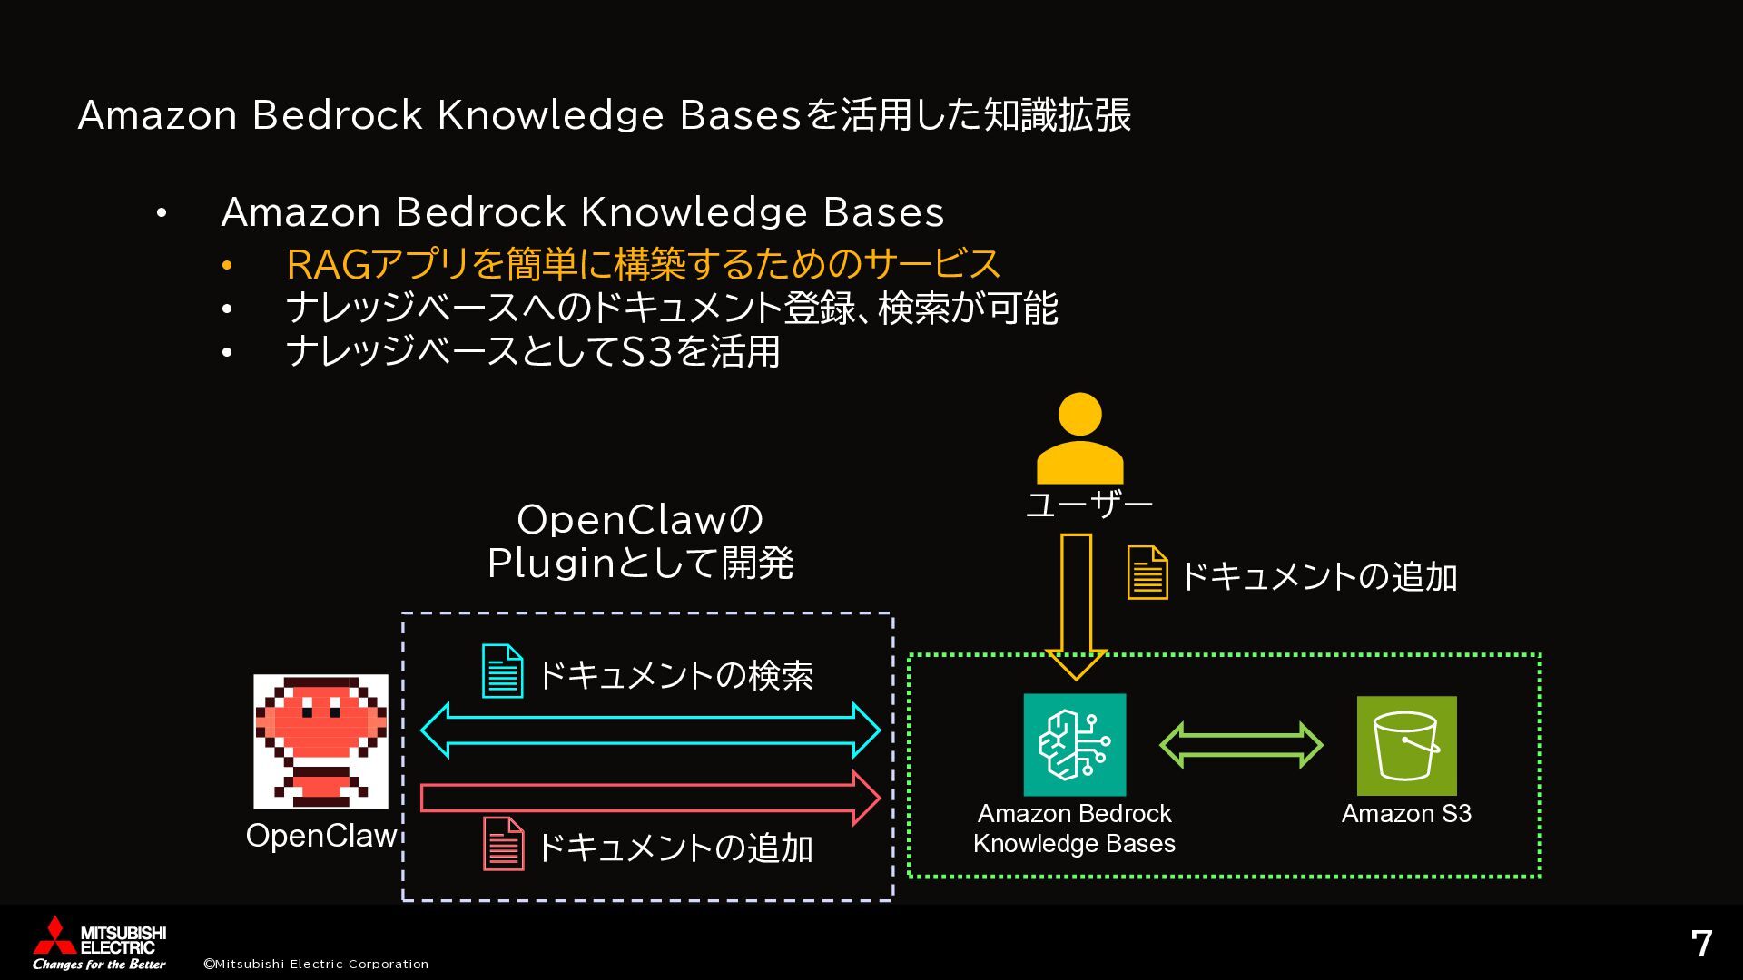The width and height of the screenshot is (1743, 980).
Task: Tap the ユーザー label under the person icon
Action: (x=1088, y=505)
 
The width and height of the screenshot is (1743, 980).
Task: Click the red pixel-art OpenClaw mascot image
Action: (x=320, y=740)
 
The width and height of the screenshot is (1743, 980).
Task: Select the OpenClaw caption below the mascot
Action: (x=321, y=836)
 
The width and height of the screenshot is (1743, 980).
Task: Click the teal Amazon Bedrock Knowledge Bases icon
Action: (x=1074, y=744)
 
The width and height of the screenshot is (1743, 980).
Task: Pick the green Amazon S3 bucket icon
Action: (x=1406, y=745)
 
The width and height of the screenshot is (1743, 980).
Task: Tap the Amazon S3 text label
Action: (x=1406, y=813)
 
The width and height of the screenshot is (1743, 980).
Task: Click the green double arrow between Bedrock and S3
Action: (x=1241, y=745)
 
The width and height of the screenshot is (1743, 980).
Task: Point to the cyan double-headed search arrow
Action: (x=650, y=730)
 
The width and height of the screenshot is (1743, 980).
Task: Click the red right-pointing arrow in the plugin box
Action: (x=650, y=798)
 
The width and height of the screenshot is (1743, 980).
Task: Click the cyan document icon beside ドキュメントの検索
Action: (x=502, y=671)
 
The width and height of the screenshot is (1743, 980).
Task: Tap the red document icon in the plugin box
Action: (x=503, y=844)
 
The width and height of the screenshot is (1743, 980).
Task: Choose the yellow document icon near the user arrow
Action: (x=1147, y=573)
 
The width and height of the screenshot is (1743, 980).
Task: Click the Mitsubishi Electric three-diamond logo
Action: (x=54, y=935)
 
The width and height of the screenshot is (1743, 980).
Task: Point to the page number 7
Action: (x=1701, y=944)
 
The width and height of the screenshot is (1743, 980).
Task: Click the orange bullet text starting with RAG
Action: (x=643, y=264)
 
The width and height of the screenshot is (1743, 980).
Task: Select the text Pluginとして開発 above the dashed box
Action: (x=640, y=563)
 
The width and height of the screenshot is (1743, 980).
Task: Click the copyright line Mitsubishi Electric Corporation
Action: (x=316, y=964)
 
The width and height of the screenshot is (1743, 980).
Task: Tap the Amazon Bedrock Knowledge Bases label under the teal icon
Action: (x=1074, y=828)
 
